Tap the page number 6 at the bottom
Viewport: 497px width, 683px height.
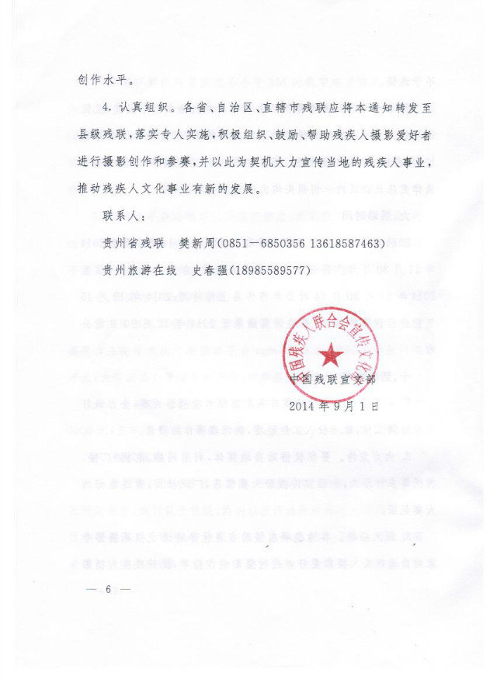coord(109,591)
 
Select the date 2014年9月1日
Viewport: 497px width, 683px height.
coord(333,405)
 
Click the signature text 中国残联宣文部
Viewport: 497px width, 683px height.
coord(332,380)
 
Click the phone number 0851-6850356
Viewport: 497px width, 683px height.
coord(261,244)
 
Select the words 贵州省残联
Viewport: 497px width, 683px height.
coord(131,244)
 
